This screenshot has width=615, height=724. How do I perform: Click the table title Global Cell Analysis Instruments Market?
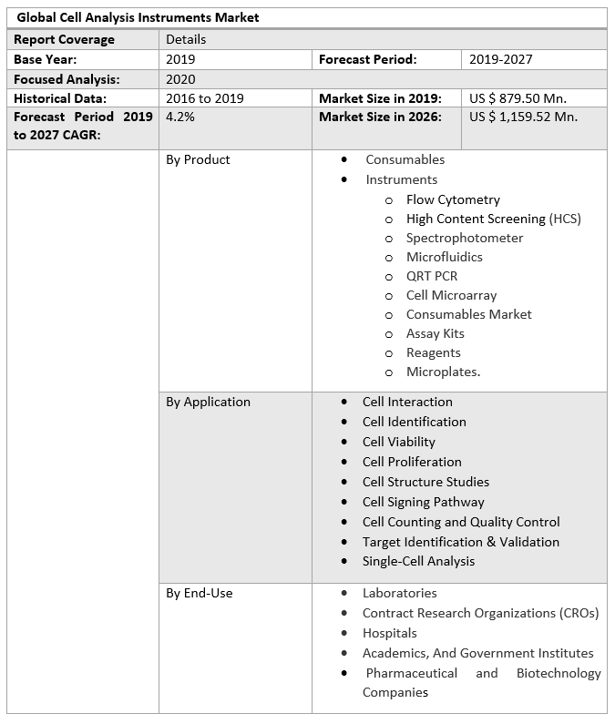pyautogui.click(x=138, y=17)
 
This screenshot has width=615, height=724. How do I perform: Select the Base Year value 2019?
pyautogui.click(x=180, y=59)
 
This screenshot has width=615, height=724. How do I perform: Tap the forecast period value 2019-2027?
pyautogui.click(x=500, y=59)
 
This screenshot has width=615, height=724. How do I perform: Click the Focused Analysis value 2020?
pyautogui.click(x=180, y=79)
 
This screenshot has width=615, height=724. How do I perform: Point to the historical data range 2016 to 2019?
pyautogui.click(x=204, y=98)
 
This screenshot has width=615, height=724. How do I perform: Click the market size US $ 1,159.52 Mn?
pyautogui.click(x=523, y=117)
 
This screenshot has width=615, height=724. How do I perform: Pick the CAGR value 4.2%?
pyautogui.click(x=179, y=117)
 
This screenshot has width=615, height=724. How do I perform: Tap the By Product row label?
pyautogui.click(x=198, y=159)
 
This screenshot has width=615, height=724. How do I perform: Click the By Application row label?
pyautogui.click(x=208, y=402)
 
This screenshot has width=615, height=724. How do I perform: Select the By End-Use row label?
pyautogui.click(x=199, y=593)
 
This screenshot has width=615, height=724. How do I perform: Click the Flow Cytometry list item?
pyautogui.click(x=453, y=199)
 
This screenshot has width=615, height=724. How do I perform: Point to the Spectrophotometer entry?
pyautogui.click(x=465, y=238)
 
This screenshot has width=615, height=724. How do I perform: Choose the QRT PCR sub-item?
pyautogui.click(x=432, y=276)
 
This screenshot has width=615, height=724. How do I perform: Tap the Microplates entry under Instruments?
pyautogui.click(x=443, y=372)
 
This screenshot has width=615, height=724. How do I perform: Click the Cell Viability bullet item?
pyautogui.click(x=398, y=442)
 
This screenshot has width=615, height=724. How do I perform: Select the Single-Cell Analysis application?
pyautogui.click(x=418, y=561)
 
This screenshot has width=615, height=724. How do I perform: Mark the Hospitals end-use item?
pyautogui.click(x=389, y=633)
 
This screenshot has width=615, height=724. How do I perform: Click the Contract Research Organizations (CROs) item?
pyautogui.click(x=480, y=613)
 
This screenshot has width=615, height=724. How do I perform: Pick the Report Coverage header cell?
pyautogui.click(x=64, y=39)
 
